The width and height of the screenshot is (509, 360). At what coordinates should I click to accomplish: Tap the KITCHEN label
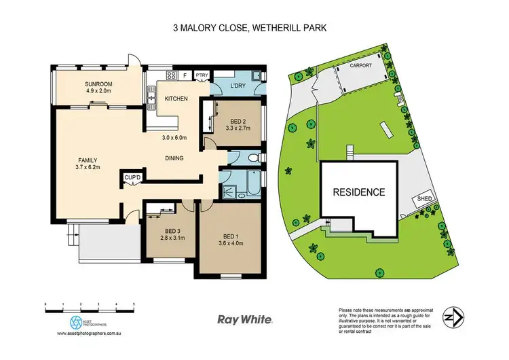[176, 99]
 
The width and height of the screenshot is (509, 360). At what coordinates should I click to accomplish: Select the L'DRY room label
[237, 86]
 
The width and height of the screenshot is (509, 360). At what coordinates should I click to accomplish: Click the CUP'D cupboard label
[132, 179]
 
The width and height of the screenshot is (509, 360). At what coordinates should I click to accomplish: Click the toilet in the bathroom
[251, 158]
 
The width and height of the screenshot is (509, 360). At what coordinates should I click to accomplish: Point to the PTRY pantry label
[202, 75]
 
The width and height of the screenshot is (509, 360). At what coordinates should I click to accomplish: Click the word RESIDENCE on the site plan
[358, 192]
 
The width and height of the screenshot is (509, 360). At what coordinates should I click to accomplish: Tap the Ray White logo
[245, 319]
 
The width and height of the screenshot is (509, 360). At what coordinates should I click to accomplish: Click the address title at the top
[254, 29]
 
